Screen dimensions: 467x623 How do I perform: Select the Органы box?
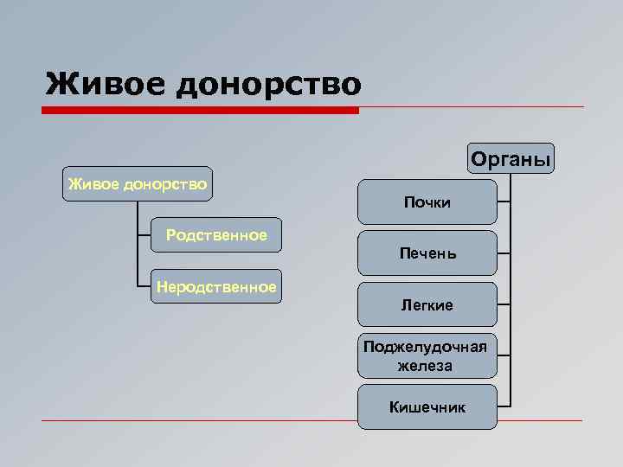tap(511, 159)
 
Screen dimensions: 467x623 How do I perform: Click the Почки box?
tap(427, 202)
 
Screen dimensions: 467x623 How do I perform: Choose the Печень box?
tap(427, 253)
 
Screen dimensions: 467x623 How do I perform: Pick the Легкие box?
tap(427, 304)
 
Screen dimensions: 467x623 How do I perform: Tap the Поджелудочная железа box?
tap(427, 355)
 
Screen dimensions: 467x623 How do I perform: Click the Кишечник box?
tap(427, 406)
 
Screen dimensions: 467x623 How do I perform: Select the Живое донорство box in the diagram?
tap(137, 183)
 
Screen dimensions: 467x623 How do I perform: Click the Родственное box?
tap(215, 234)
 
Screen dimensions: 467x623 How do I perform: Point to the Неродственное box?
tap(215, 286)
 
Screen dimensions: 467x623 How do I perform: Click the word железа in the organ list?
tap(425, 366)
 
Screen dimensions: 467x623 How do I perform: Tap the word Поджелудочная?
tap(425, 347)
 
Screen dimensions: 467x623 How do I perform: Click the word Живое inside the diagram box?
tap(93, 183)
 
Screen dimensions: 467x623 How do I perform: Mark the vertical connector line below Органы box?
tap(511, 285)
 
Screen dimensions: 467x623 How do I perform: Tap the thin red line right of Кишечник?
tap(541, 420)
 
